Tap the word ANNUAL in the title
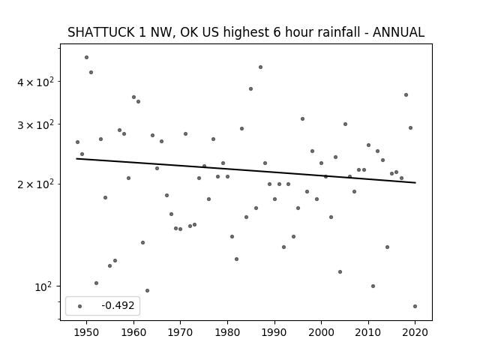398,32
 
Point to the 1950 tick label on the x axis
87,332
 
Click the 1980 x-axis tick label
227,332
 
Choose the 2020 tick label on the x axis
415,332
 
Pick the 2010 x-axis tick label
368,332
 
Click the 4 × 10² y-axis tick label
35,82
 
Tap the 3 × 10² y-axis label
35,125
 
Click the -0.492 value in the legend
118,305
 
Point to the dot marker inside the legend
80,306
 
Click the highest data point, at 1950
87,57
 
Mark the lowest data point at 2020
415,306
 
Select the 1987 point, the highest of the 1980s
260,67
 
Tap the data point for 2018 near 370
406,95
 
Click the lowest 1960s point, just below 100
147,290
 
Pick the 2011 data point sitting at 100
373,286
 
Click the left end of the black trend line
76,158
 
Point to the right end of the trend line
415,183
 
